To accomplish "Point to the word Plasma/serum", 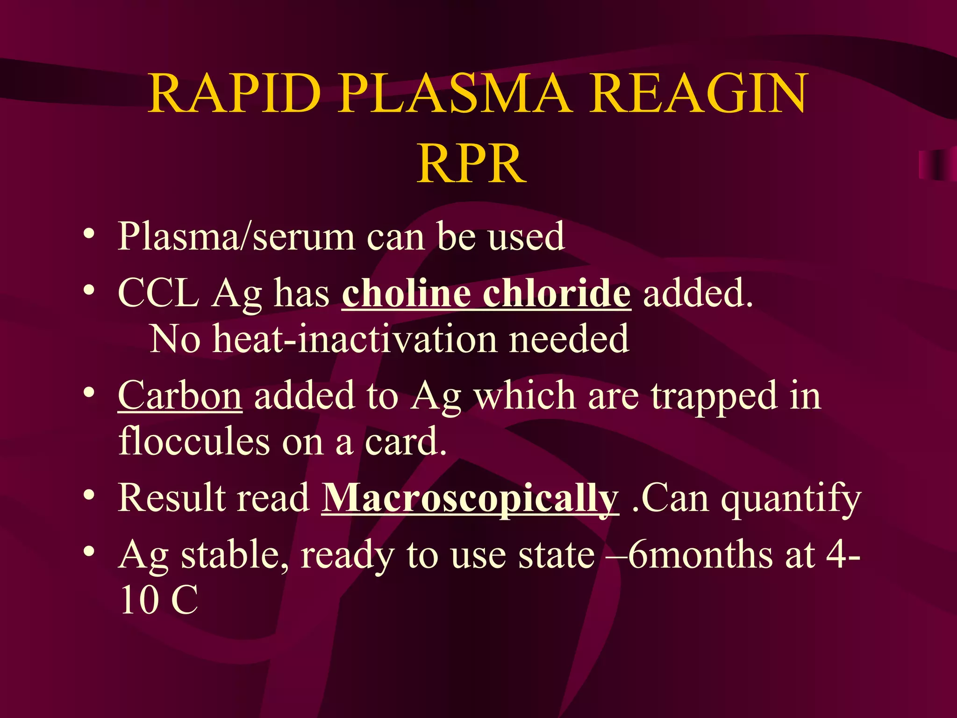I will coord(236,237).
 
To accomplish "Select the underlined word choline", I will coord(406,293).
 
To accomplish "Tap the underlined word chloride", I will coord(557,293).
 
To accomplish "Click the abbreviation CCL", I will coord(158,293).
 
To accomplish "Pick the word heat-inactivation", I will coord(355,339).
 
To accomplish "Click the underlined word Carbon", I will coord(180,396).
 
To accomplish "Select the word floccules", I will coord(194,441).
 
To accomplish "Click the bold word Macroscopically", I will coord(470,499).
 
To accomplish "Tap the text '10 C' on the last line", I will coord(159,600).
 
